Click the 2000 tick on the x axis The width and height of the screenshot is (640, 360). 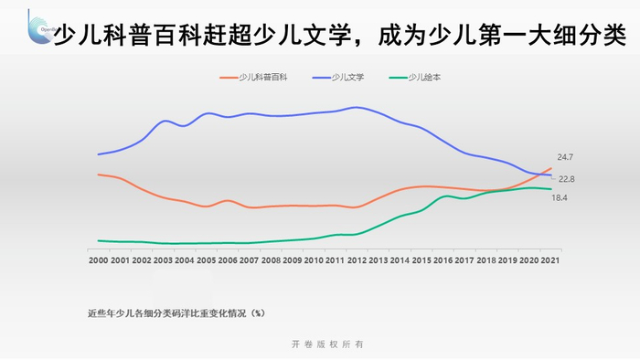(98, 260)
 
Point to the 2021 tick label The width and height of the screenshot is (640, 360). (550, 260)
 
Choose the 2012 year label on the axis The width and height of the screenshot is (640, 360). (357, 260)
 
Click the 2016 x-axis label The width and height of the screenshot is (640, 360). (443, 260)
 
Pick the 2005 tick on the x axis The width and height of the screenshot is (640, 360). (206, 260)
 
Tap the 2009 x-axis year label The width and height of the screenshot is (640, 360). (292, 260)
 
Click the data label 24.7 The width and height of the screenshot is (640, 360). (565, 157)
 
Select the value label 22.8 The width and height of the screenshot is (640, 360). (566, 179)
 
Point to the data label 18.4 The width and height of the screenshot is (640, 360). (560, 197)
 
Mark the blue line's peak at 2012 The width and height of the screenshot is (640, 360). (355, 108)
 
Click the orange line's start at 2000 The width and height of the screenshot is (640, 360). (98, 175)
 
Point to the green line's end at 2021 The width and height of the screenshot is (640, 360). (550, 189)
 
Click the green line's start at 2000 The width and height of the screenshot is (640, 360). (98, 240)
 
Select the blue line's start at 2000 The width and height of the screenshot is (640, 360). (98, 154)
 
